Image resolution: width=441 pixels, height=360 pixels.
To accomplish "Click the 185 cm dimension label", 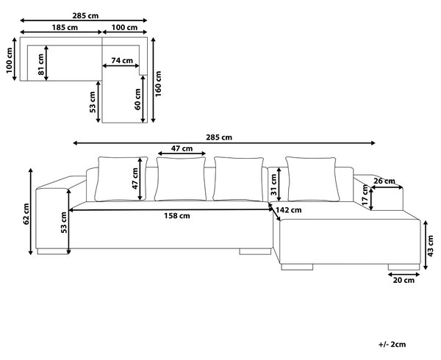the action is point(65,27).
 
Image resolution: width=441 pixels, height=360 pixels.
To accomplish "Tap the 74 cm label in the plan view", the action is point(122,60).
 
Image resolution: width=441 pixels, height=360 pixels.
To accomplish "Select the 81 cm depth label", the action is point(41,65).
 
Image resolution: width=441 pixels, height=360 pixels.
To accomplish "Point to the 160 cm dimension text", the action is point(158,84).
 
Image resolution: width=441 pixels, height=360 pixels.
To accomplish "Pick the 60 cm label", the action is point(138,99).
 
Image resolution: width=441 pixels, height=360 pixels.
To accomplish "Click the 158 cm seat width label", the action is point(177,216).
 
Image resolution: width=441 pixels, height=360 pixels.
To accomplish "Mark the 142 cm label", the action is point(289,210).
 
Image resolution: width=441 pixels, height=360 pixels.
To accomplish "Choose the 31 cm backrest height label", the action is point(273,184).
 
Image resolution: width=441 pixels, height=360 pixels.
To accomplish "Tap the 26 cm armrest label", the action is point(384,181).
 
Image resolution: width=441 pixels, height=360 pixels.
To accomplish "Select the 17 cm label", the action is point(365,195).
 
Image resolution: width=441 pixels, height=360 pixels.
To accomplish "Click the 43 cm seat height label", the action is point(431,246).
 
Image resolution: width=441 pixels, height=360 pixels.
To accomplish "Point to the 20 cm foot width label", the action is point(404,280).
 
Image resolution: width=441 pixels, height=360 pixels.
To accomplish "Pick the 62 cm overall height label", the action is point(26,214).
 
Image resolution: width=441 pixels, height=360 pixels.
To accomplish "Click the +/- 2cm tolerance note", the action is point(392,345).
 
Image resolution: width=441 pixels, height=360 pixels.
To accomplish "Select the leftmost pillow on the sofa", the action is point(121,179).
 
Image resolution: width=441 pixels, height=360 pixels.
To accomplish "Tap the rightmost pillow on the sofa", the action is point(313,179).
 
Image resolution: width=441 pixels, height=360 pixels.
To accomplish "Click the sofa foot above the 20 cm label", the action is point(404,267).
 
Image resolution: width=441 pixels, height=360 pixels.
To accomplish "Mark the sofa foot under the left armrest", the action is point(53,251).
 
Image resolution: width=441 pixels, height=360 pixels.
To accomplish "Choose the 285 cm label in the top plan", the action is point(85,15).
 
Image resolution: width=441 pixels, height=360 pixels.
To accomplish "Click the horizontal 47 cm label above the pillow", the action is point(182,148).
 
